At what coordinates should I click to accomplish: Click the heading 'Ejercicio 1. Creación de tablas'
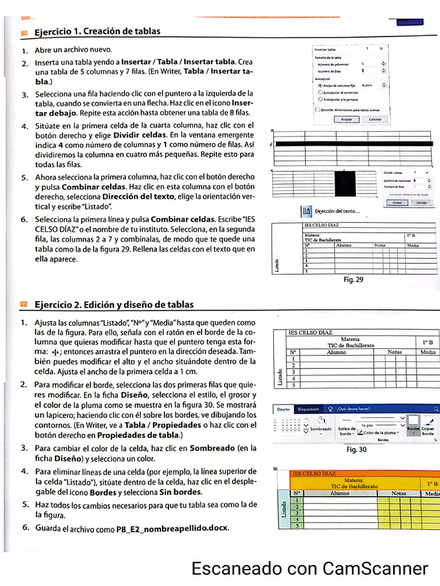coord(97,31)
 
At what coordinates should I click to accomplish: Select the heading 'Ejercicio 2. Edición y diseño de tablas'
coord(114,304)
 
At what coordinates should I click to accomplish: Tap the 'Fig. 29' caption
coord(353,280)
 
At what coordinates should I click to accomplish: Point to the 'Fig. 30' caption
coord(356,450)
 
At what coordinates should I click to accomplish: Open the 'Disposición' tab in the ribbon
coord(308,409)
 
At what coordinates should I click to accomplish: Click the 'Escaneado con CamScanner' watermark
coord(309,569)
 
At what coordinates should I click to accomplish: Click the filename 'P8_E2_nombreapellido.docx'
coord(172,529)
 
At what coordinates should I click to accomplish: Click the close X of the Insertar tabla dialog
coord(381,49)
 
